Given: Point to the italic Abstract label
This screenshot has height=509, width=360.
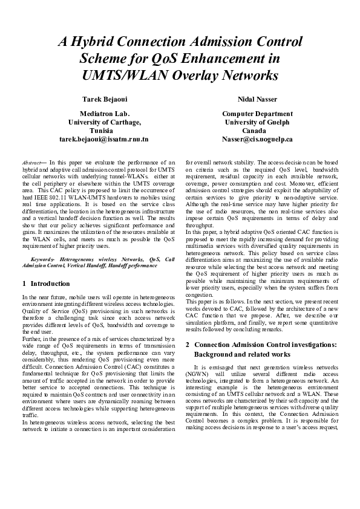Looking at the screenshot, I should [31, 163].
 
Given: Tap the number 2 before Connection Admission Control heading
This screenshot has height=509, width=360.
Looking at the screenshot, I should [188, 344].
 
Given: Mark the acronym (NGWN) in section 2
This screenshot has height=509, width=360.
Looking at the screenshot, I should [196, 375].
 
